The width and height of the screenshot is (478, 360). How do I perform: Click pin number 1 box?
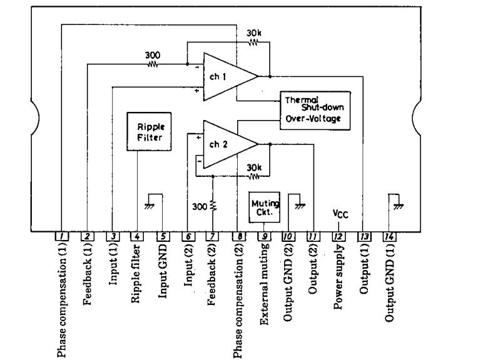click(61, 236)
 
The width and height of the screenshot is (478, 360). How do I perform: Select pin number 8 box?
click(238, 236)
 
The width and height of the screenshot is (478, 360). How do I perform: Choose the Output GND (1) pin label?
click(389, 282)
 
